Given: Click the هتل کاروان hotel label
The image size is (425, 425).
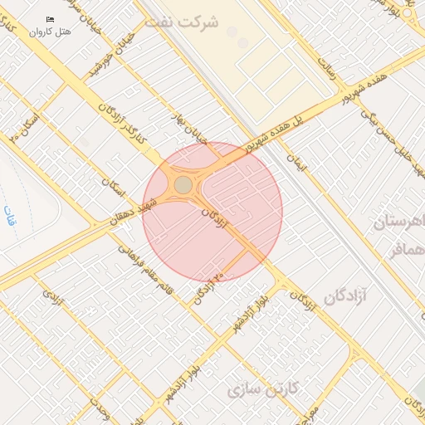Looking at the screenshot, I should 51,32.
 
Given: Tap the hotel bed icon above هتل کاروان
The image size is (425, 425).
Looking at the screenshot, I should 51,19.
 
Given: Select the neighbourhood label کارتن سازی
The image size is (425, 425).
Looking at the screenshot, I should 259,388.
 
